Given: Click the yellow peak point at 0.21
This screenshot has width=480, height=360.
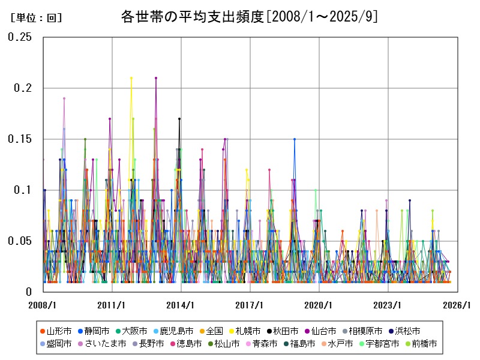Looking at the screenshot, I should pyautogui.click(x=131, y=78).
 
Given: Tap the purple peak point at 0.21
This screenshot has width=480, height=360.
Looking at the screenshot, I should pyautogui.click(x=156, y=78).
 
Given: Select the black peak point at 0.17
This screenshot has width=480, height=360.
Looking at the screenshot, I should pyautogui.click(x=179, y=119).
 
